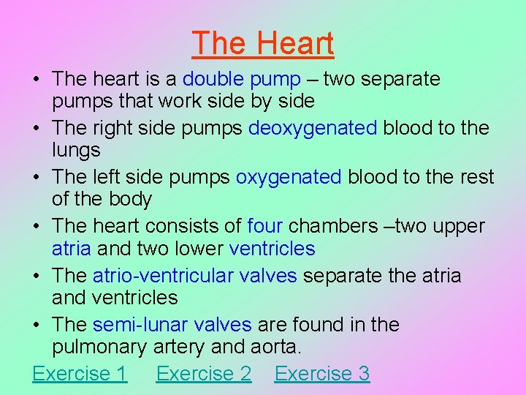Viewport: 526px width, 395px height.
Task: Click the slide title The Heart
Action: (x=263, y=43)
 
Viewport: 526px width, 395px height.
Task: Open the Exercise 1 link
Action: (x=80, y=374)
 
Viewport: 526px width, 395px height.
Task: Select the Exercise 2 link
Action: (x=204, y=374)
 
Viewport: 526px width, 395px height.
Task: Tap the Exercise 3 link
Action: (x=322, y=374)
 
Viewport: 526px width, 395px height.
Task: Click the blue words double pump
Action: (x=242, y=79)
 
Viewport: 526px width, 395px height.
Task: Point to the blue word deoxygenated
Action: (x=313, y=128)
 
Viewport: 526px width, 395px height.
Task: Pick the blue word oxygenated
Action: (x=289, y=178)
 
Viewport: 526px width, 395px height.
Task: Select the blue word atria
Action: (x=72, y=249)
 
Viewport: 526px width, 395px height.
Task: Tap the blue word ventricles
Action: (x=272, y=249)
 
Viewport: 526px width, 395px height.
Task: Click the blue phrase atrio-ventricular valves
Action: (x=195, y=276)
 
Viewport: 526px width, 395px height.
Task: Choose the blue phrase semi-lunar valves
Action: (x=172, y=325)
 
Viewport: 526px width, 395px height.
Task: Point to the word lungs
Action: (x=76, y=151)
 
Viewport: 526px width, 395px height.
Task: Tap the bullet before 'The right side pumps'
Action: (x=37, y=129)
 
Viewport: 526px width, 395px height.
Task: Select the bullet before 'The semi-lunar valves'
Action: (x=37, y=326)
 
